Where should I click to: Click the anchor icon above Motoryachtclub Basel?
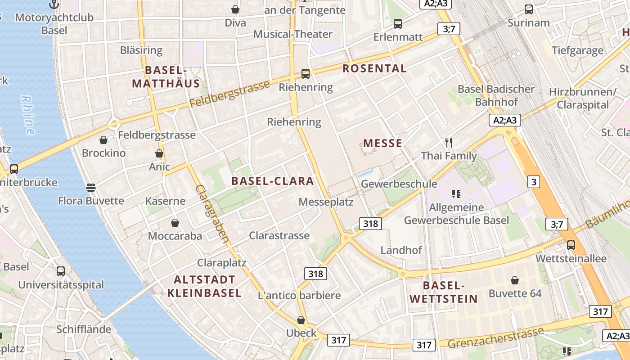point(54,4)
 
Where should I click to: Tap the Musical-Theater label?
point(293,34)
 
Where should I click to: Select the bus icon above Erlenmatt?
point(398,24)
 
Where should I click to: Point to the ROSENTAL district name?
point(374,68)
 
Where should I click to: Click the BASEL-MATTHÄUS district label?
point(166,77)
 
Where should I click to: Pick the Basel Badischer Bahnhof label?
point(496,95)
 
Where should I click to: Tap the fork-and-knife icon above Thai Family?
point(448,143)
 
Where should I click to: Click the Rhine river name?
point(28,115)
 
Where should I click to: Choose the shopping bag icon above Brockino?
point(103,140)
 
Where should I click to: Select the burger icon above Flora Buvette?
point(91,187)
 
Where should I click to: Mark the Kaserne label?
point(166,201)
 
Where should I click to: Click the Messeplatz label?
point(326,202)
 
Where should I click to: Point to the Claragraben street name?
point(212,214)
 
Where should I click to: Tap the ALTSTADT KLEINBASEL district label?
point(204,286)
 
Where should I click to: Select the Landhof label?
point(401,250)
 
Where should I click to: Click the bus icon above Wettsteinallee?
point(571,245)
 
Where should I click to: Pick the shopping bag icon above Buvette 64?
point(515,281)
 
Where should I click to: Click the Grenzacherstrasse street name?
point(496,337)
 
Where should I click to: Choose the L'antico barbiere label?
point(299,296)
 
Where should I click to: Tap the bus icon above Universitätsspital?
point(61,271)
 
